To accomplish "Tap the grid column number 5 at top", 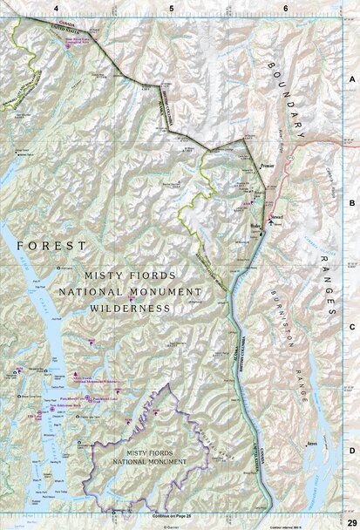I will click(x=172, y=8).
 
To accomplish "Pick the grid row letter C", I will click(x=352, y=326).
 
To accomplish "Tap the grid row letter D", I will click(x=352, y=450).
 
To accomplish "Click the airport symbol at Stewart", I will click(x=269, y=223).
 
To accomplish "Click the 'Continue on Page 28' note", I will click(x=162, y=516).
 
